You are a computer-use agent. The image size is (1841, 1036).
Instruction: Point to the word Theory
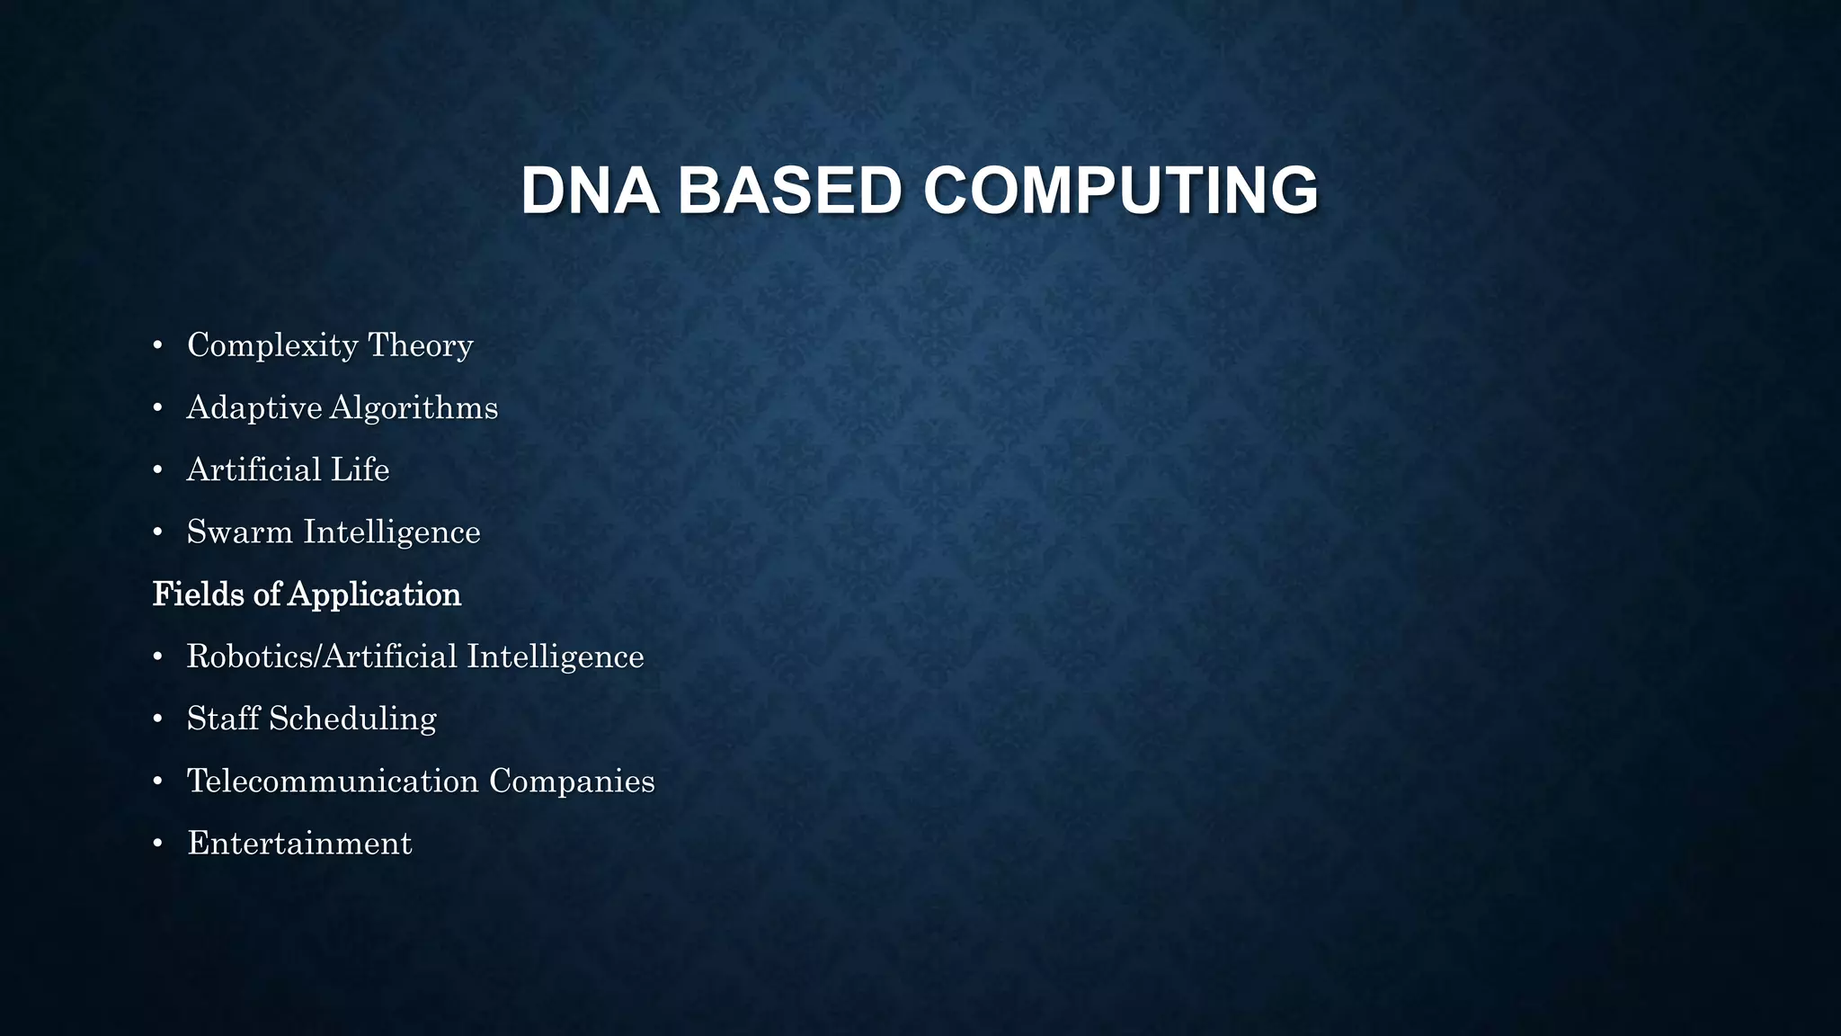pos(421,346)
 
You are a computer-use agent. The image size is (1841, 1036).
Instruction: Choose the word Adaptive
pos(253,408)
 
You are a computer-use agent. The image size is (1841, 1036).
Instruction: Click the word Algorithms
pos(414,408)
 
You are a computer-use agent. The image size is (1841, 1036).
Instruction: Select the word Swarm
pos(239,532)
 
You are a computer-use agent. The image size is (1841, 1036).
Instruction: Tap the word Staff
pos(223,719)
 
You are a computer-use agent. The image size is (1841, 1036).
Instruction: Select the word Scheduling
pos(352,719)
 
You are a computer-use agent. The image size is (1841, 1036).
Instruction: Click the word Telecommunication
pos(333,781)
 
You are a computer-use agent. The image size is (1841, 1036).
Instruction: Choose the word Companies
pos(572,781)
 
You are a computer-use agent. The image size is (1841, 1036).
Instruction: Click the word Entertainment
pos(299,844)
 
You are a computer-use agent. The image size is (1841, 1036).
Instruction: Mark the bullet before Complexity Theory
pos(157,346)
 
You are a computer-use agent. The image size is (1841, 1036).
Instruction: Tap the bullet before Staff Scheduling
pos(157,719)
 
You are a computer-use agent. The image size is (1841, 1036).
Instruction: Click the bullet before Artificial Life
pos(157,470)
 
